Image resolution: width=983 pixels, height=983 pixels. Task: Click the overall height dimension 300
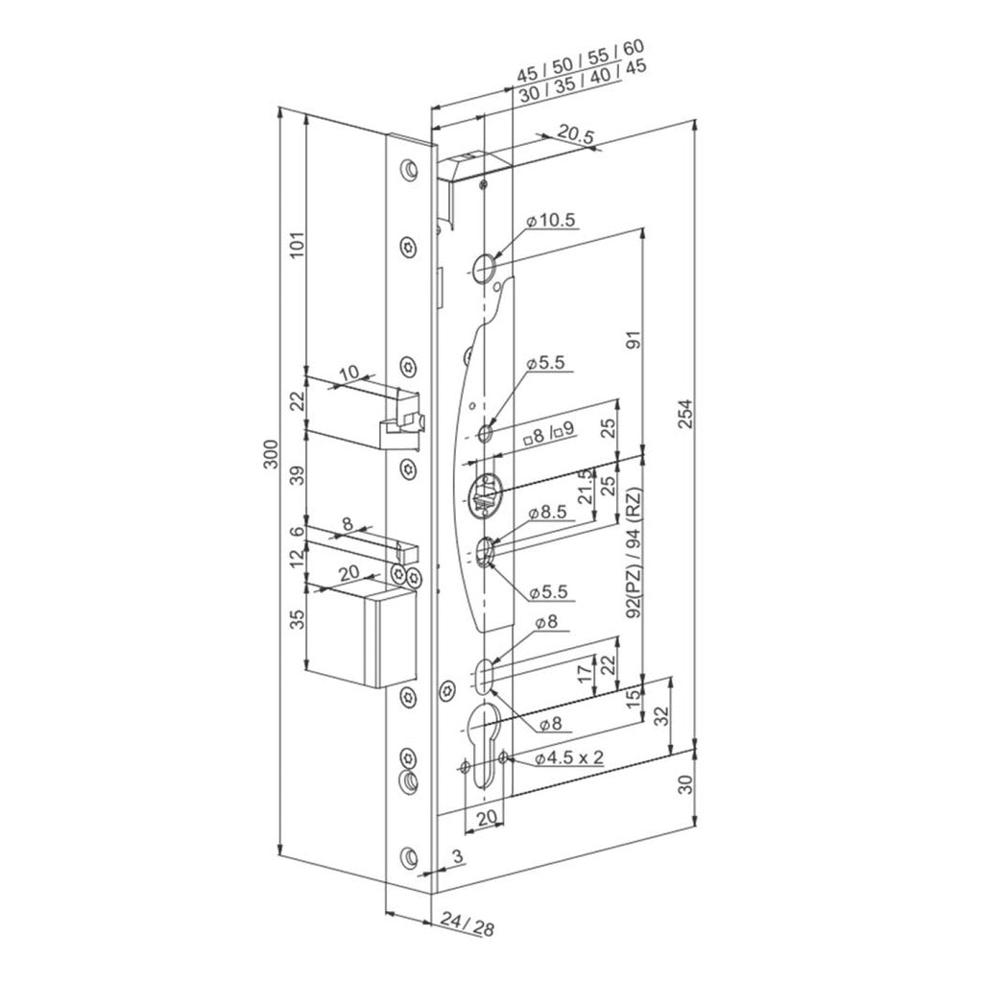[271, 454]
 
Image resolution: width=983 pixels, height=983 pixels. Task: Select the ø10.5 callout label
[550, 221]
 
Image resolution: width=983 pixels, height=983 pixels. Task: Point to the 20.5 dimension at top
[575, 135]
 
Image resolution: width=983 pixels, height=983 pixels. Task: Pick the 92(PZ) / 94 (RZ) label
[635, 552]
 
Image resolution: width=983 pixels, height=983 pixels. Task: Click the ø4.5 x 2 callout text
[568, 758]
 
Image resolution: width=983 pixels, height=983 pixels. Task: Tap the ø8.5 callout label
[546, 513]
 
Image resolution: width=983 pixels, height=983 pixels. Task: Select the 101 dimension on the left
[297, 245]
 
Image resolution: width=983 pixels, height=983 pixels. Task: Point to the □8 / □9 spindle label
[549, 432]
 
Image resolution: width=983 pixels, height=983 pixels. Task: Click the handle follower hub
[485, 495]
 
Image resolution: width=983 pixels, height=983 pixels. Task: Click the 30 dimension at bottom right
[687, 784]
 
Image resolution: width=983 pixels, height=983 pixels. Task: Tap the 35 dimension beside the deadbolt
[298, 619]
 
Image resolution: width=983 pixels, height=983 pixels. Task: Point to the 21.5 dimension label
[586, 486]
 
